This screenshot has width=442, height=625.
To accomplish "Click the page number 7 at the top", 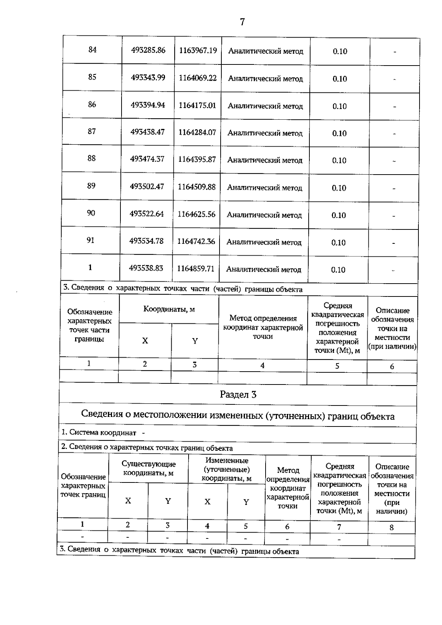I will [242, 22].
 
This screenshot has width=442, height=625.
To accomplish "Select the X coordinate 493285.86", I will [148, 50].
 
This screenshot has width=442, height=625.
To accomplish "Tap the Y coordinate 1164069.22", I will [198, 78].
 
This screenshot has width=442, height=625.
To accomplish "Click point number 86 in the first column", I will [92, 105].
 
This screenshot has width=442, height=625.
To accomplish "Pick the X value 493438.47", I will [147, 132].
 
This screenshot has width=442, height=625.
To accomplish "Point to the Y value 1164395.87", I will [197, 159].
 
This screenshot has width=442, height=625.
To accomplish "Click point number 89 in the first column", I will [91, 186].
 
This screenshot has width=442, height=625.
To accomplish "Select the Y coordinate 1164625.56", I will [196, 214].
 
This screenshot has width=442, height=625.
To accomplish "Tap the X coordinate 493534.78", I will [146, 241].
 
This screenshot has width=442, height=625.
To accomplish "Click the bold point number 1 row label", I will [90, 267].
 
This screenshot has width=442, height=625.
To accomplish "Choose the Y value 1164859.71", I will [196, 268].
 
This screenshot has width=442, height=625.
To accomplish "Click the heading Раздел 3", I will [238, 395].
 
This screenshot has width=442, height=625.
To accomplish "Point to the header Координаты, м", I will [169, 309].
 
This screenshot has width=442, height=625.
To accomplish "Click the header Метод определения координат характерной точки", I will [263, 327].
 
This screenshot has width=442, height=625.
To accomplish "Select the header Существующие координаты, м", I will [148, 468].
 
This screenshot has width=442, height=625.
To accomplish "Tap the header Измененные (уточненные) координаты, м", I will [227, 470].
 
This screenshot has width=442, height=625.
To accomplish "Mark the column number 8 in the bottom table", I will [392, 527].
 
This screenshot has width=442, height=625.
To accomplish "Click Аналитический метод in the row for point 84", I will [266, 51].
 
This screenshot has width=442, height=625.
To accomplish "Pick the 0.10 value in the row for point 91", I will [338, 242].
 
